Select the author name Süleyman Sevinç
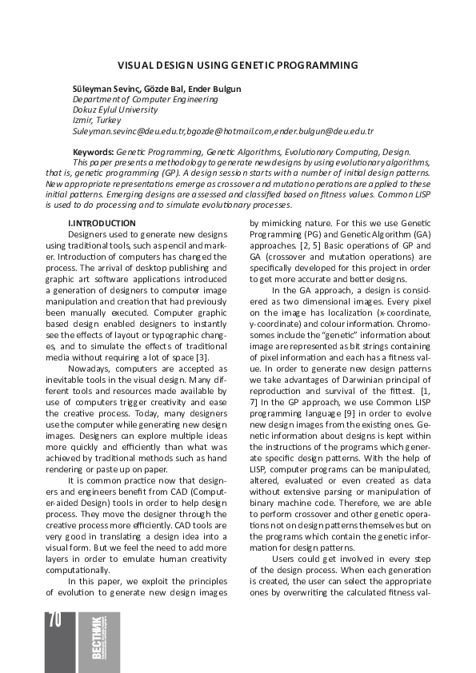click(101, 88)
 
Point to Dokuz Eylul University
click(114, 110)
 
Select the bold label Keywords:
click(93, 152)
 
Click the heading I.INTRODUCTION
click(102, 223)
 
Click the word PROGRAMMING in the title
click(314, 65)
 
